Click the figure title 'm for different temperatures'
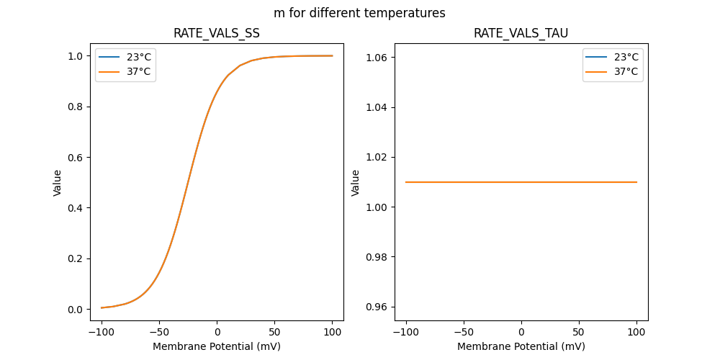359,13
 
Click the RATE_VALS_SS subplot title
216,34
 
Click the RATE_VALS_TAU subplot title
521,34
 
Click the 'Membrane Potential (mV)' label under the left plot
216,346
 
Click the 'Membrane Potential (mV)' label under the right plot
521,346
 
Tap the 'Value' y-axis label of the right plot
356,183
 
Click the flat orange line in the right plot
521,182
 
